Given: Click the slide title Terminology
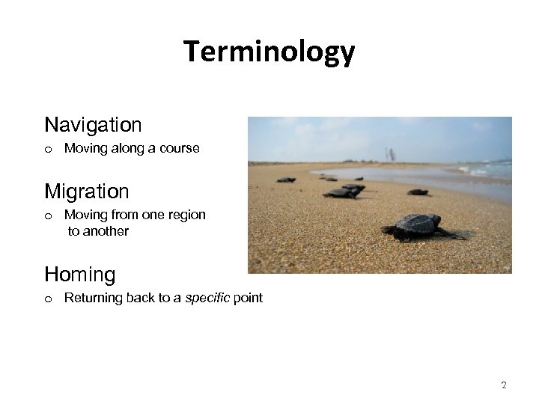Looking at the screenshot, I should click(x=269, y=52).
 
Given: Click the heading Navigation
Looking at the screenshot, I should click(x=93, y=123).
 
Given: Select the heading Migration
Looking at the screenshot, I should click(x=87, y=191).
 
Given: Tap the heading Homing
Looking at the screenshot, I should click(x=80, y=275).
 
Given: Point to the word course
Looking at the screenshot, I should click(x=181, y=148).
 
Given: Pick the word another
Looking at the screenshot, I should click(x=106, y=231).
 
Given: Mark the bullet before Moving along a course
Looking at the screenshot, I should click(x=48, y=149).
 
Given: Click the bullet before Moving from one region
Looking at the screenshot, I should click(x=48, y=215).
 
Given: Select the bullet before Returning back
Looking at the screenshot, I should click(x=48, y=299).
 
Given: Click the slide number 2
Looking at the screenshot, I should click(x=503, y=385).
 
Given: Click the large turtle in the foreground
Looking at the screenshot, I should click(x=419, y=226).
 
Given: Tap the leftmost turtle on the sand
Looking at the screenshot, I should click(x=286, y=180).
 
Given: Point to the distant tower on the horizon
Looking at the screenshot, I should click(x=390, y=154).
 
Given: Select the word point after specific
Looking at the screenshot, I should click(x=248, y=298).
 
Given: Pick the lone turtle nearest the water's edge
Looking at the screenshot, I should click(x=418, y=192).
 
